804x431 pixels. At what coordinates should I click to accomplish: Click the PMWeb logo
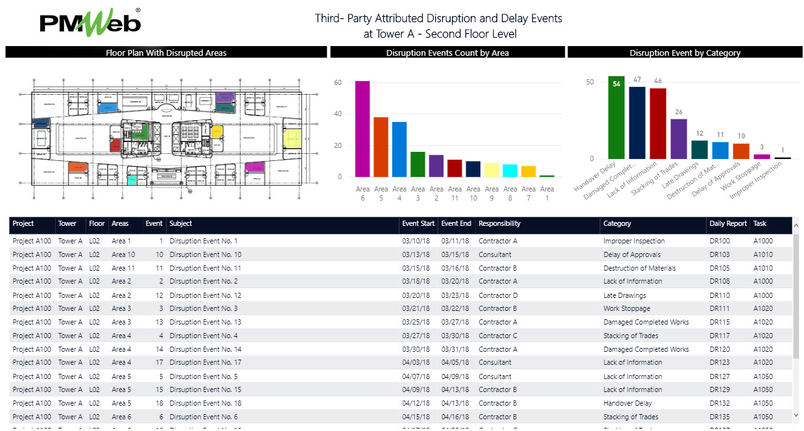(90, 23)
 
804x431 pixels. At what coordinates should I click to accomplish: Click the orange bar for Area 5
(381, 147)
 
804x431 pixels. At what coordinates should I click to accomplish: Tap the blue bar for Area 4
(399, 149)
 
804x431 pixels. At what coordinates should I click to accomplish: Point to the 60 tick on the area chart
(338, 83)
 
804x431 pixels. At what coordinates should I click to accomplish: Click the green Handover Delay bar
(617, 117)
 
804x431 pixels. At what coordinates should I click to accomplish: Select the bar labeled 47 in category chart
(637, 123)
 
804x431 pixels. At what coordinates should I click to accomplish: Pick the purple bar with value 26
(678, 139)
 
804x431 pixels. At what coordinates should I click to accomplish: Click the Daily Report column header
(728, 224)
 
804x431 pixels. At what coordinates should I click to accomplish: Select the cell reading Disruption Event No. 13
(206, 322)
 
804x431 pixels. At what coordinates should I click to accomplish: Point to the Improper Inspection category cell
(633, 241)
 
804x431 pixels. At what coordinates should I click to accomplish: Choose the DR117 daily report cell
(719, 336)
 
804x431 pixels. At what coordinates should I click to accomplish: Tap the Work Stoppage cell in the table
(626, 309)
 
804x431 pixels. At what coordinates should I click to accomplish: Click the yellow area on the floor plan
(293, 138)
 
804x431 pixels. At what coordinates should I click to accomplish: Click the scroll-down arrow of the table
(797, 415)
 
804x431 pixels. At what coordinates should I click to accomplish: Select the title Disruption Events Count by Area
(447, 53)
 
